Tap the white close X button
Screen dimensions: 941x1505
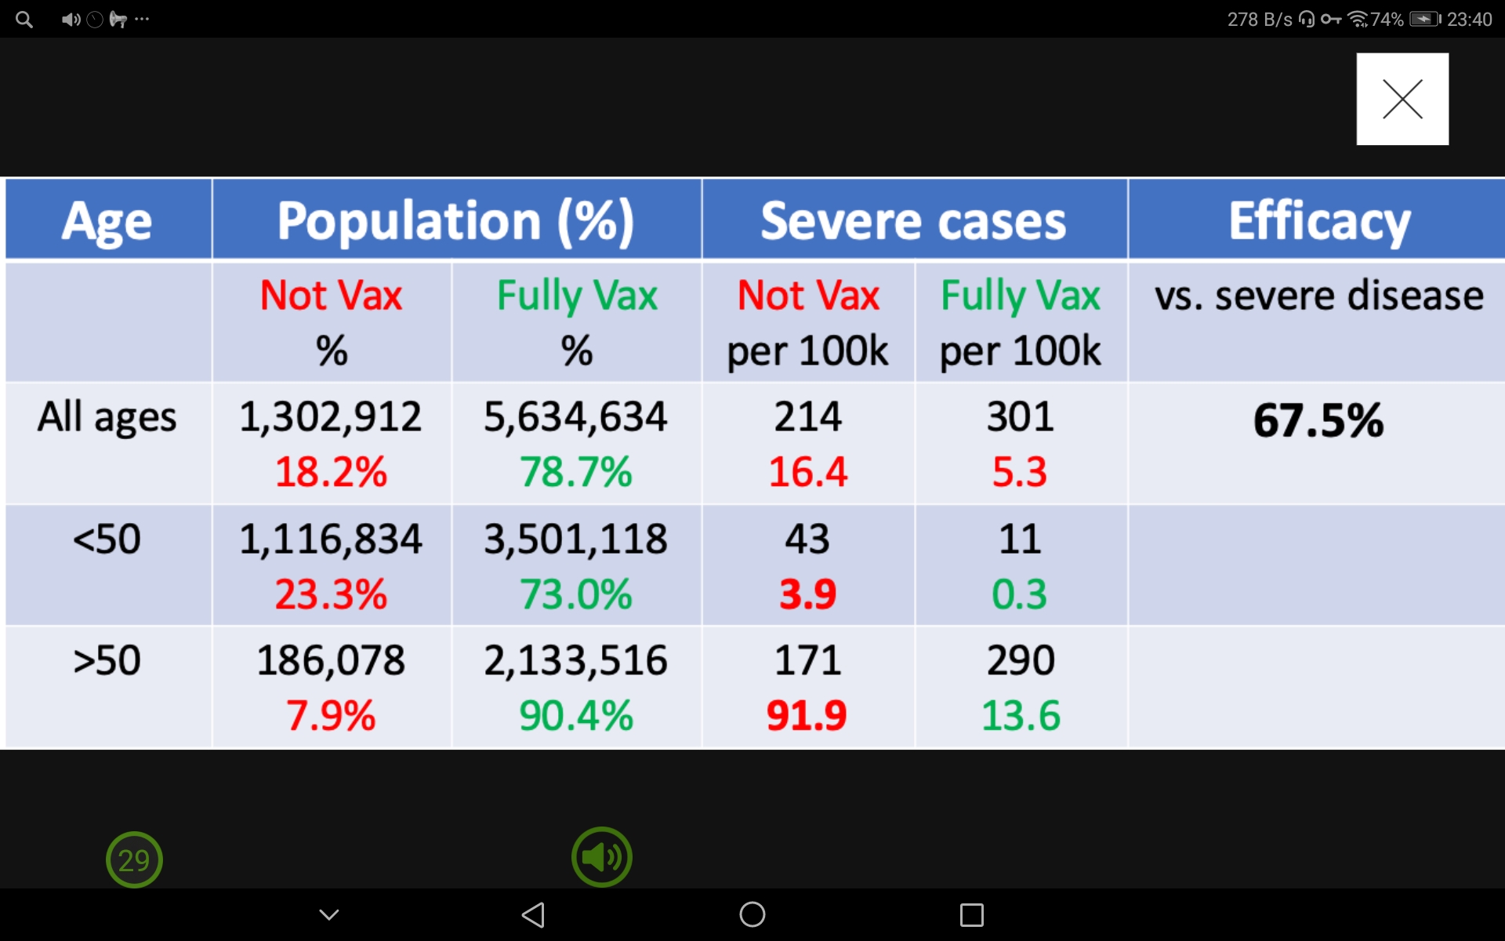[x=1402, y=99]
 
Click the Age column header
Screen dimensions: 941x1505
[x=107, y=221]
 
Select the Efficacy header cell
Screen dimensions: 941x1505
[x=1318, y=221]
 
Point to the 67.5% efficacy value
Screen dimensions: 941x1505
[x=1318, y=420]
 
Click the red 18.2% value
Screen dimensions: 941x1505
[x=331, y=472]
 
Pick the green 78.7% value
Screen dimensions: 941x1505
[x=575, y=472]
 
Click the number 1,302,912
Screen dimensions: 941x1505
[x=331, y=416]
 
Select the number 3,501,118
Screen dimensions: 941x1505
[x=575, y=540]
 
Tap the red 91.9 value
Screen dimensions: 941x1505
[x=807, y=715]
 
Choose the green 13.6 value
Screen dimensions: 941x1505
[x=1021, y=715]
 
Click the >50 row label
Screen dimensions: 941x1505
[x=107, y=660]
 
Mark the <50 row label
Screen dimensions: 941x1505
[x=107, y=540]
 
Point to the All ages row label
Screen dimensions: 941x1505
[x=107, y=416]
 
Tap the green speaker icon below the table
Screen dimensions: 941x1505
[x=601, y=857]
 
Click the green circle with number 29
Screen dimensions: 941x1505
[x=134, y=860]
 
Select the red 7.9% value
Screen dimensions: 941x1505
[x=331, y=715]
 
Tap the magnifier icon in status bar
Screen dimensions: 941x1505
[x=24, y=20]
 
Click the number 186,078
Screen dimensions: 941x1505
[x=331, y=660]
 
